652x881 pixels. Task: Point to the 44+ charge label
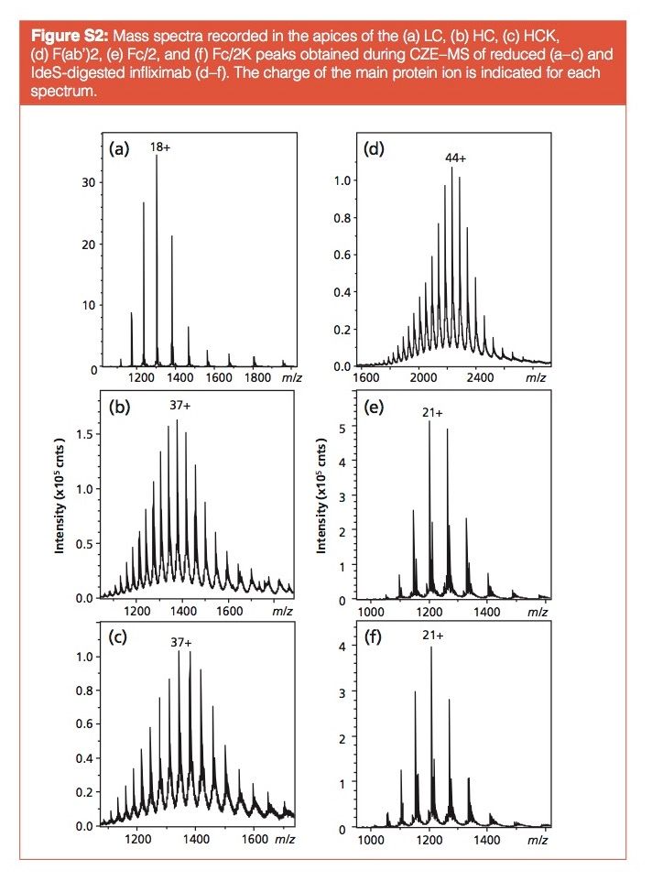click(x=455, y=158)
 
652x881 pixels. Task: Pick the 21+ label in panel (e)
click(x=431, y=413)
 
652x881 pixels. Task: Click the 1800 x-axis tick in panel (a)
click(x=254, y=376)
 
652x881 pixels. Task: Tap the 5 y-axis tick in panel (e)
click(x=341, y=428)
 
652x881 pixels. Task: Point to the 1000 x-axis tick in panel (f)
click(x=371, y=839)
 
